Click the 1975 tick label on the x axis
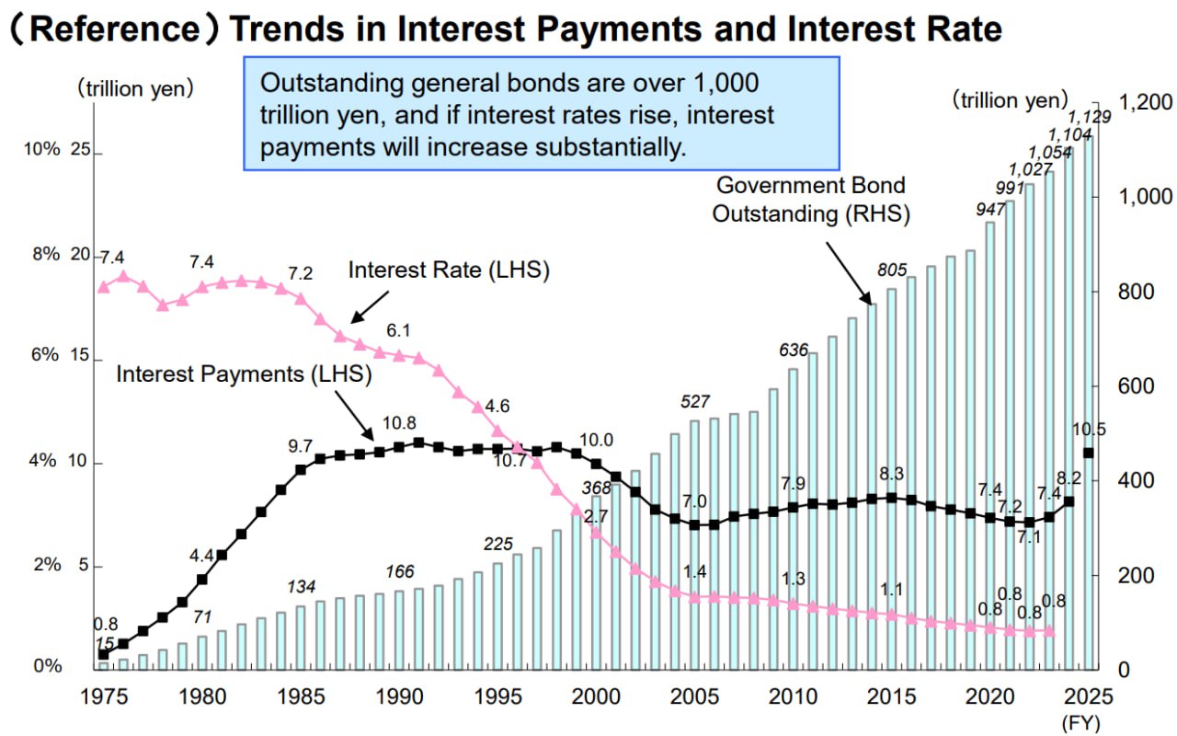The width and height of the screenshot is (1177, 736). pyautogui.click(x=103, y=695)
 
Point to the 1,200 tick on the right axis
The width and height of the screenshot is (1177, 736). pyautogui.click(x=1141, y=101)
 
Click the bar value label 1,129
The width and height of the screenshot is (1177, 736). pyautogui.click(x=1089, y=117)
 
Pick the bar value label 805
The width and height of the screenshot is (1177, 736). pyautogui.click(x=892, y=270)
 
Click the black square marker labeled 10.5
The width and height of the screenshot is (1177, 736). pyautogui.click(x=1089, y=453)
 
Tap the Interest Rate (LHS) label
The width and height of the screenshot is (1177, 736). pyautogui.click(x=449, y=270)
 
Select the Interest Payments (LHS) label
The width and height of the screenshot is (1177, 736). pyautogui.click(x=244, y=374)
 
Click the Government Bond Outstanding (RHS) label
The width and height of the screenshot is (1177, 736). pyautogui.click(x=812, y=200)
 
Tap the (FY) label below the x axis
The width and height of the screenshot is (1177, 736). pyautogui.click(x=1081, y=721)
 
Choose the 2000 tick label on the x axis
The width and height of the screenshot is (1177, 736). pyautogui.click(x=596, y=695)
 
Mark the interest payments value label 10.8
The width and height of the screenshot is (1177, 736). pyautogui.click(x=399, y=423)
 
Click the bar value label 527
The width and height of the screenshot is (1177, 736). pyautogui.click(x=695, y=401)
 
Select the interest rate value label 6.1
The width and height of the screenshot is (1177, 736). pyautogui.click(x=399, y=330)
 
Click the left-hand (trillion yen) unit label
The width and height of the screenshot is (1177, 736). pyautogui.click(x=135, y=88)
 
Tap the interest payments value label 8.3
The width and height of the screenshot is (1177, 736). pyautogui.click(x=891, y=475)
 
